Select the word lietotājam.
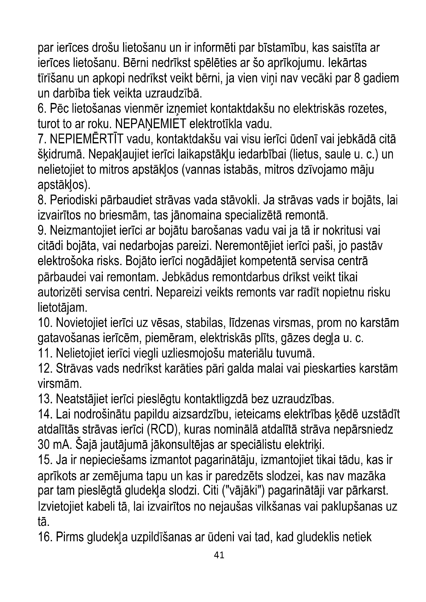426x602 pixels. coord(62,307)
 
